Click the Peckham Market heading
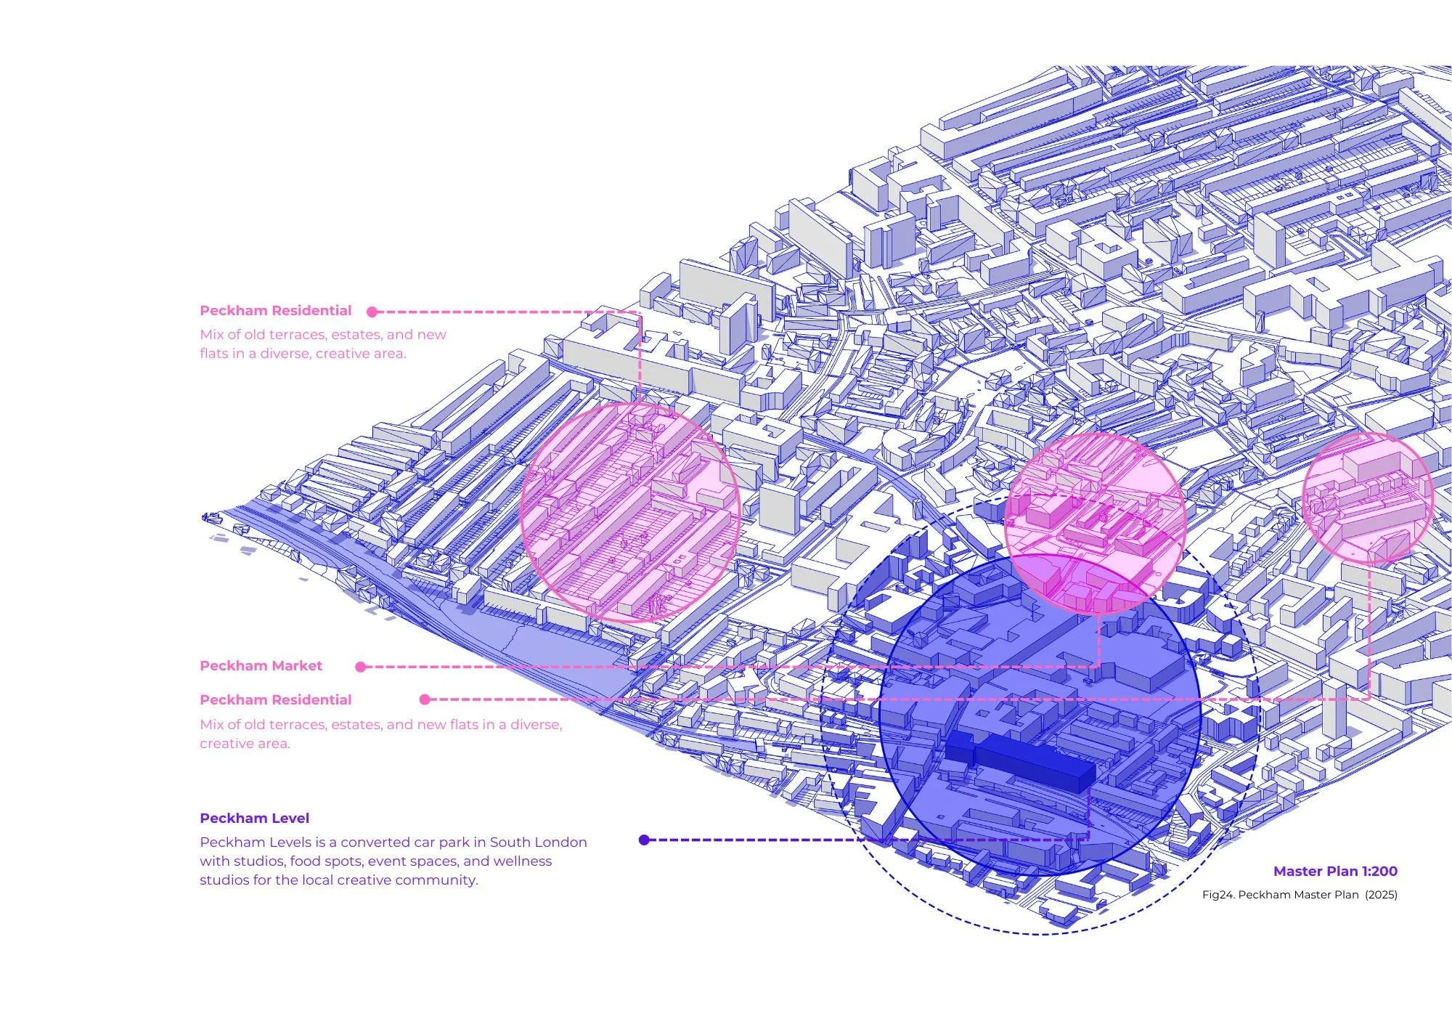pos(261,666)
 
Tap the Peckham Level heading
pos(254,819)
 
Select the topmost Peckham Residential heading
pos(275,311)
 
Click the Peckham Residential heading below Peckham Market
pos(275,700)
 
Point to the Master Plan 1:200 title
pos(1334,872)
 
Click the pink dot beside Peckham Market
pos(361,667)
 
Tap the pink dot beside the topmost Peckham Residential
pos(372,312)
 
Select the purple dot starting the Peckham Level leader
pos(644,840)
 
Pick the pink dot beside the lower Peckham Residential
pos(425,699)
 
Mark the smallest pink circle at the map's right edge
pos(1366,498)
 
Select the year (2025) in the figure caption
pos(1381,895)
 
